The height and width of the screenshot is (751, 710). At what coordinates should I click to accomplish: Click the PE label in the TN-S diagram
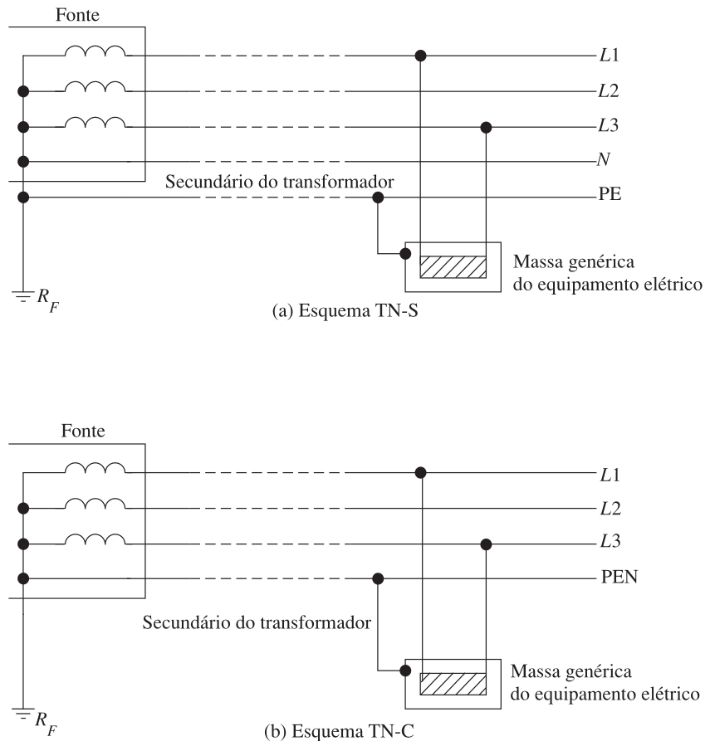(x=610, y=194)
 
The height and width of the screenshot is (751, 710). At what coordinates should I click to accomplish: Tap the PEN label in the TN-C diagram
(x=619, y=577)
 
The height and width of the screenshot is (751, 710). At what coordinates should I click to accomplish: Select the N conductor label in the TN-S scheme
(x=604, y=159)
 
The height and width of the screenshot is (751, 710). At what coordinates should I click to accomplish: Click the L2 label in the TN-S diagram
(x=609, y=90)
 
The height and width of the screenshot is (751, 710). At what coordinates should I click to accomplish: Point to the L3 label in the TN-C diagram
(x=610, y=541)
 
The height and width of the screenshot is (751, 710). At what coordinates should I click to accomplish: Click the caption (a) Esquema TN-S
(x=345, y=311)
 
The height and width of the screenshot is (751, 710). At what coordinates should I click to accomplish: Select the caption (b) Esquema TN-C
(x=339, y=731)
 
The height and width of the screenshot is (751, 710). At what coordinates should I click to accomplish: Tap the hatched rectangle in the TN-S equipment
(x=453, y=266)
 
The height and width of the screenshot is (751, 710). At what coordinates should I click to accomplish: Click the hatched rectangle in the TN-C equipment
(x=453, y=684)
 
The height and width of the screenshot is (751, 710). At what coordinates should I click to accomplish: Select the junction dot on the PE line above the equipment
(x=378, y=198)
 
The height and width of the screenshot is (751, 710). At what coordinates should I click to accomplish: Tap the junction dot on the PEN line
(x=378, y=578)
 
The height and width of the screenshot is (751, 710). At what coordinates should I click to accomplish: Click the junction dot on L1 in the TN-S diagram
(x=420, y=56)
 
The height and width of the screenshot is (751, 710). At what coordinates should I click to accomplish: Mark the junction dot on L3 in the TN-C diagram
(x=486, y=544)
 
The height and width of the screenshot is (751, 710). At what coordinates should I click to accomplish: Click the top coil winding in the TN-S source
(x=95, y=51)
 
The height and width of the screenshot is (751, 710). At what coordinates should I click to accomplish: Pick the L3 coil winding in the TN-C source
(x=95, y=539)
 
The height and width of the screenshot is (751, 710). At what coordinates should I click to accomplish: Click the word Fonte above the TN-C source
(x=83, y=431)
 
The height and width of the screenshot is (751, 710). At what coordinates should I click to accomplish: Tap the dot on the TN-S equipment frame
(x=405, y=253)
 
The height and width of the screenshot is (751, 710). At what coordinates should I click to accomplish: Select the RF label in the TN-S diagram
(x=48, y=300)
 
